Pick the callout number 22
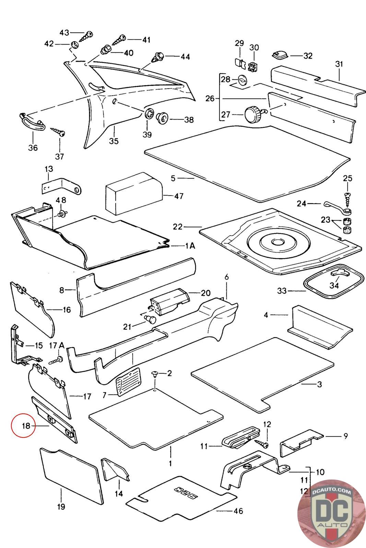[178, 227]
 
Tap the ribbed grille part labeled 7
[129, 382]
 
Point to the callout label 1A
[190, 246]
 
